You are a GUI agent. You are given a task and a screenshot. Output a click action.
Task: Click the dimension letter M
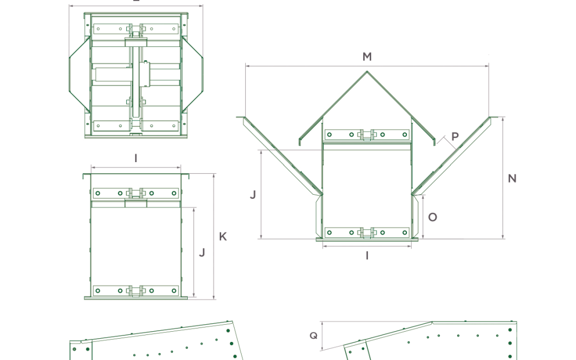[367, 57]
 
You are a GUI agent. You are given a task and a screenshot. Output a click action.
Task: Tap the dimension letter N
[512, 178]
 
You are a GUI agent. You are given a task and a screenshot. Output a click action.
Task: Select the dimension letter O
[433, 217]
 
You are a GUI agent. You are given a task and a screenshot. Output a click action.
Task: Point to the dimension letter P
[455, 137]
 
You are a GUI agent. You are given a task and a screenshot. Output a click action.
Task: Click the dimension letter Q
[313, 335]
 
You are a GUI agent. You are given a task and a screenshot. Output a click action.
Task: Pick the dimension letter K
[223, 236]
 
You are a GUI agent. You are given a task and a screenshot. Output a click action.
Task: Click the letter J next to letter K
[202, 252]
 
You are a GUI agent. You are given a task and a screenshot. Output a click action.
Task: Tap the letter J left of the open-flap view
[253, 195]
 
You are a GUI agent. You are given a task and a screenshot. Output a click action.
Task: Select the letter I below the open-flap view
[367, 256]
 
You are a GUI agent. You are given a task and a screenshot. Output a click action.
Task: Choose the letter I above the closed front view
[136, 158]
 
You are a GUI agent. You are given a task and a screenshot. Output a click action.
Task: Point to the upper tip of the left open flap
[244, 118]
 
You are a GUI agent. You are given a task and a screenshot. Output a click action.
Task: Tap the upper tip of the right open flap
[490, 118]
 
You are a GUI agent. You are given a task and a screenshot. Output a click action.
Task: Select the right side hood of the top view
[194, 75]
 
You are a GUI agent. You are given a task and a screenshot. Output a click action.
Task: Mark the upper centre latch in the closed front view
[136, 193]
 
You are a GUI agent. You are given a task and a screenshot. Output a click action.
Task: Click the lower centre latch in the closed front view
[136, 291]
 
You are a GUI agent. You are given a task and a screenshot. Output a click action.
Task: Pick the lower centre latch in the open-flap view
[367, 233]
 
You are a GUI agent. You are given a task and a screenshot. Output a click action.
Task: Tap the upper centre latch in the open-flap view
[367, 134]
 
